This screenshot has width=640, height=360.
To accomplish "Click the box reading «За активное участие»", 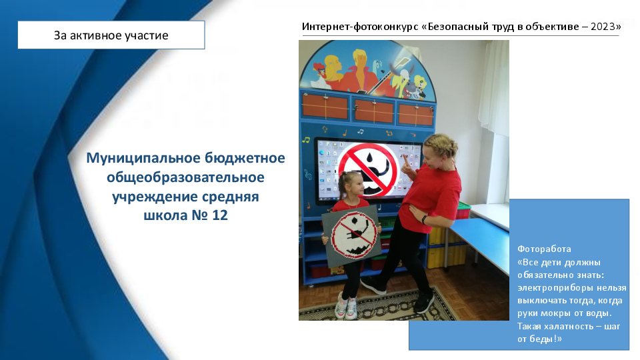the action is coord(111,35).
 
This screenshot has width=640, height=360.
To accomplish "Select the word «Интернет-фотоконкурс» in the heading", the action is coord(360,27).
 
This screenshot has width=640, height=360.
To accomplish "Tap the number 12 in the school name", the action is coord(219,215).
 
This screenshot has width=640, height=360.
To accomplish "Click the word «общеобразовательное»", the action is coord(185,177).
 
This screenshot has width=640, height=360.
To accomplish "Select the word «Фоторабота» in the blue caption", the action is coord(544,249).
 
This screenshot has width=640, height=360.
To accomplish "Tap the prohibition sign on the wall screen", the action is coord(368,170).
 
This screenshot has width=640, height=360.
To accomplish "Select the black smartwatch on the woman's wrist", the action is coord(425,219).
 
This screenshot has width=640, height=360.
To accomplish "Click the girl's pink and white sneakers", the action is coord(345,307).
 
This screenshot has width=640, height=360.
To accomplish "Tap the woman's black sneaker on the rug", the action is coord(424,303).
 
